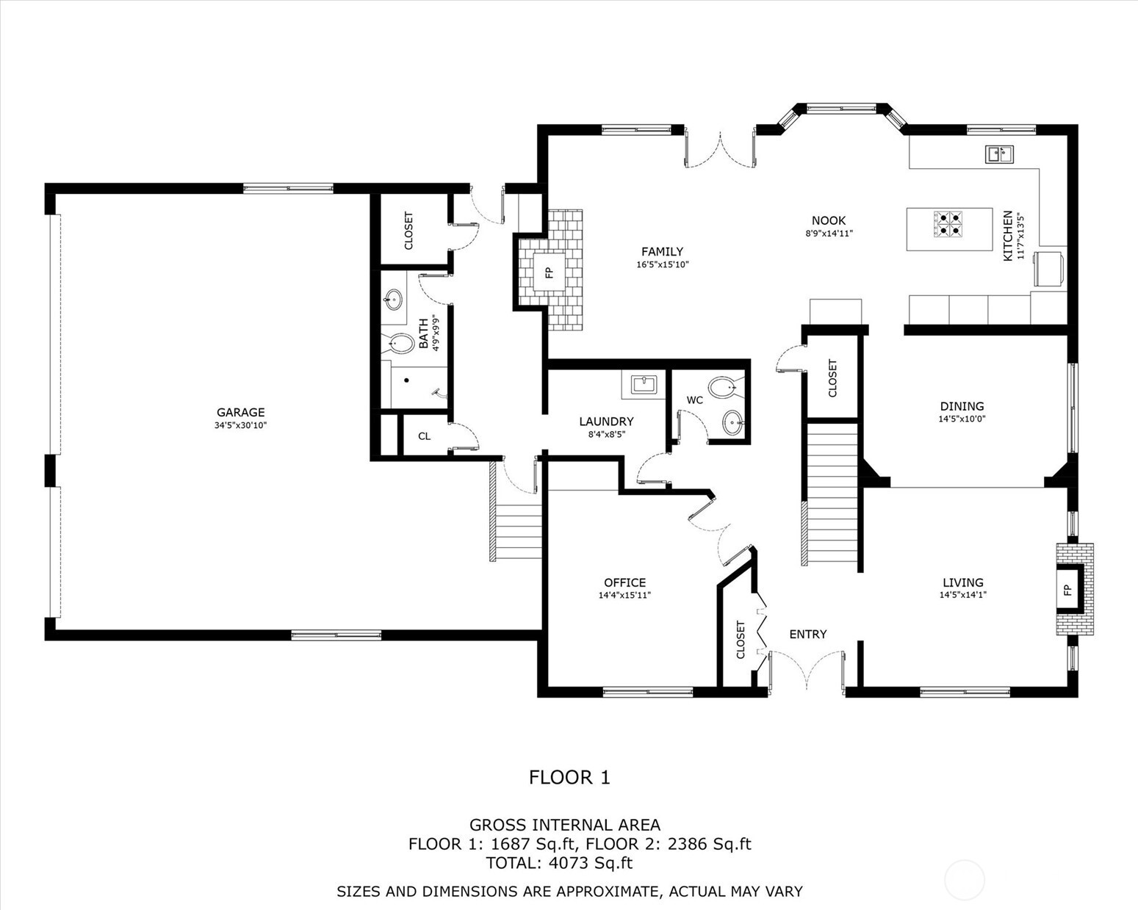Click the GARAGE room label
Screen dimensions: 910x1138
click(x=240, y=412)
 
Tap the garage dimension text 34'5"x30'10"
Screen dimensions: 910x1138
click(x=240, y=425)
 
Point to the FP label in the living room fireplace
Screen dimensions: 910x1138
click(x=1067, y=590)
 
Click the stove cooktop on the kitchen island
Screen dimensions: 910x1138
click(x=947, y=225)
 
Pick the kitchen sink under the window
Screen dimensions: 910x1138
click(x=998, y=154)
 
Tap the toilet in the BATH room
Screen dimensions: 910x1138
click(x=400, y=343)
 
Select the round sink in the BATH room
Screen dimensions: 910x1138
click(x=393, y=300)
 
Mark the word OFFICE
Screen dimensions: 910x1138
click(x=624, y=582)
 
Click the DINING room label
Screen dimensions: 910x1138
click(x=962, y=406)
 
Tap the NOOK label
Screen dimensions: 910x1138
click(x=828, y=220)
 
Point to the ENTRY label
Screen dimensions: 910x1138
click(x=807, y=634)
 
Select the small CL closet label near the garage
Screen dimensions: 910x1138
click(x=424, y=436)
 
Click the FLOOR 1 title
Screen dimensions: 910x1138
click(x=569, y=777)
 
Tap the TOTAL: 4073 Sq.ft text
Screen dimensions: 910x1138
click(x=559, y=863)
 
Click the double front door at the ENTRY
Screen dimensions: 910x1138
click(x=807, y=671)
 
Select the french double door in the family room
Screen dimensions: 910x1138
click(x=720, y=149)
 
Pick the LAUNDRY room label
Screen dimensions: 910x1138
click(x=605, y=421)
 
